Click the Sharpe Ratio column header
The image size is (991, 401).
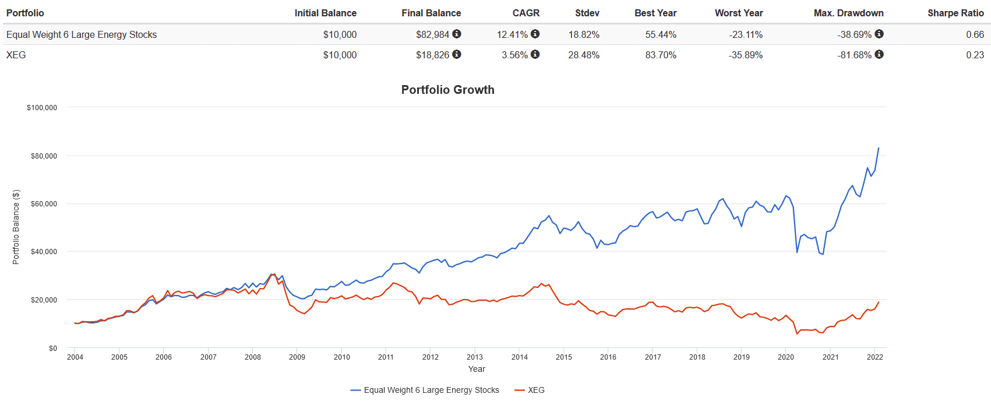click(x=955, y=13)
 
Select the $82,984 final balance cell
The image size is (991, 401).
click(x=432, y=34)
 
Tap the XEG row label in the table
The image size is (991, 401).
click(x=16, y=55)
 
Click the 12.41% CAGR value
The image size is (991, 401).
click(x=512, y=34)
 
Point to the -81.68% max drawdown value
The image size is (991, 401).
click(x=854, y=55)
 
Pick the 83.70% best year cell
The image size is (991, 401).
click(x=661, y=55)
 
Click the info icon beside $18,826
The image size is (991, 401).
click(x=457, y=54)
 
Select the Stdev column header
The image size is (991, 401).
click(x=587, y=13)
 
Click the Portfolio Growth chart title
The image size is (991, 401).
click(x=447, y=90)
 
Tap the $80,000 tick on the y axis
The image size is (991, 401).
click(x=44, y=156)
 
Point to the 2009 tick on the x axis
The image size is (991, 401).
click(x=297, y=357)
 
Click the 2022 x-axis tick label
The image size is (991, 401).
click(x=875, y=357)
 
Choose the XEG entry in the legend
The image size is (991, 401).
click(x=536, y=390)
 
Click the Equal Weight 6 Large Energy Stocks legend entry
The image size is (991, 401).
click(x=431, y=390)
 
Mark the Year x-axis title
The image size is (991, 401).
click(x=477, y=369)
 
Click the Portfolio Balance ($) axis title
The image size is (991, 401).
click(x=16, y=227)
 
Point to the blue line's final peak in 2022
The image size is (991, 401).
click(x=879, y=148)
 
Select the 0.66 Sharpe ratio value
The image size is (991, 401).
click(x=975, y=34)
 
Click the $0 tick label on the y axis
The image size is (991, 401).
click(x=53, y=348)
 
